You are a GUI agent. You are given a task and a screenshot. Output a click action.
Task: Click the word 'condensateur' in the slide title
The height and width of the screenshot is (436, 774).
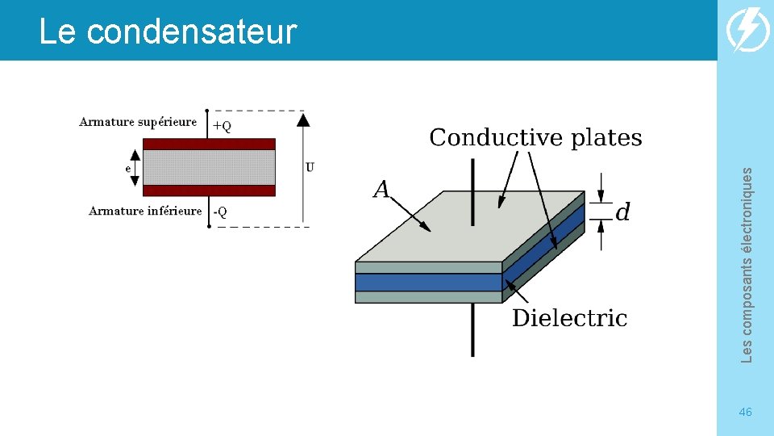pyautogui.click(x=192, y=32)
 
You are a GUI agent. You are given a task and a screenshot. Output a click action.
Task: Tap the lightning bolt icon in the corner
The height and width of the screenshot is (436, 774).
pyautogui.click(x=747, y=31)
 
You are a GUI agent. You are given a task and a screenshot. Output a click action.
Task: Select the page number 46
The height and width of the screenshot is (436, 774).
pyautogui.click(x=745, y=413)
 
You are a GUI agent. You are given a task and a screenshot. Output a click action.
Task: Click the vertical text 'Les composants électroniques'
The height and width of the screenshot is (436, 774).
pyautogui.click(x=747, y=265)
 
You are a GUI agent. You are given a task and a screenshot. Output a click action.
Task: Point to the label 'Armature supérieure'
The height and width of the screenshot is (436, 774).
pyautogui.click(x=138, y=122)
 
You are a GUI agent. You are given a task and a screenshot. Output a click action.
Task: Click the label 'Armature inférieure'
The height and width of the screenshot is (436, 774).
pyautogui.click(x=145, y=211)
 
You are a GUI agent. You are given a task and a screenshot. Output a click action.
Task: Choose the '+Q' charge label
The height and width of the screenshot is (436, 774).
pyautogui.click(x=222, y=126)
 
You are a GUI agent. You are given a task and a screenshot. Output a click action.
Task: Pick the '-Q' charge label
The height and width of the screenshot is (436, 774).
pyautogui.click(x=220, y=212)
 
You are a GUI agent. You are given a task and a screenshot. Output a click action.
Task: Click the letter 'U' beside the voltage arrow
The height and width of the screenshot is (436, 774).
pyautogui.click(x=310, y=167)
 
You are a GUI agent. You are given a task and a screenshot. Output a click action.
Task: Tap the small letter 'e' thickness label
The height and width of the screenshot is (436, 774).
pyautogui.click(x=128, y=168)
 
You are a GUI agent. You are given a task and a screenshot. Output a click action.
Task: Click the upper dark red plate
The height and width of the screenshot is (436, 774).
pyautogui.click(x=209, y=144)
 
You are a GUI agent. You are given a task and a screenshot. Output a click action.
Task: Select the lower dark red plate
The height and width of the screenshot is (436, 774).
pyautogui.click(x=209, y=191)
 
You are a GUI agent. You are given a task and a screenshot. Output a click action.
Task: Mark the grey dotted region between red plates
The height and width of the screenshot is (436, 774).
pyautogui.click(x=209, y=167)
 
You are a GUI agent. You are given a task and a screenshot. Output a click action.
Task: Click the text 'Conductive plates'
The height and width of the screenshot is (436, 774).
pyautogui.click(x=535, y=138)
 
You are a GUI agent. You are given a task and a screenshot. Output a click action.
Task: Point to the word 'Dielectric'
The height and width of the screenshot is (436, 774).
pyautogui.click(x=569, y=318)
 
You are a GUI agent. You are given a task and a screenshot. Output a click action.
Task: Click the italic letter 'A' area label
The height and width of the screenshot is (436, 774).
pyautogui.click(x=381, y=190)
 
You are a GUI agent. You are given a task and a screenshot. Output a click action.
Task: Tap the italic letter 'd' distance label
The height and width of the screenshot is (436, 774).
pyautogui.click(x=622, y=212)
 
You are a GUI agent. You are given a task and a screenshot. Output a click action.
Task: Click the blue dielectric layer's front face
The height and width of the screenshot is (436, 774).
pyautogui.click(x=428, y=283)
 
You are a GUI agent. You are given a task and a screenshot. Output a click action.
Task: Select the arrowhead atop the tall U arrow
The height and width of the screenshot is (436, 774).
pyautogui.click(x=303, y=120)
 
